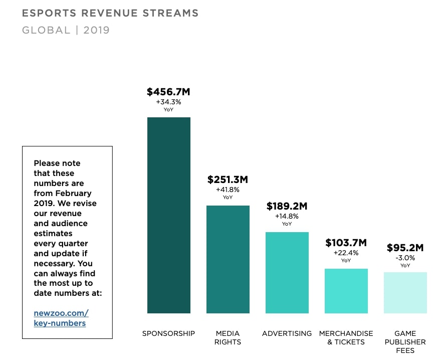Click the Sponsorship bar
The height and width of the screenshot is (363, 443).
tap(168, 215)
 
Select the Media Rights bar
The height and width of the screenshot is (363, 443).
tap(228, 259)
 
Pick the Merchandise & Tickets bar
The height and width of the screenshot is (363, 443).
tap(346, 291)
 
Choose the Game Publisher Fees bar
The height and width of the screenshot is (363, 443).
tap(405, 293)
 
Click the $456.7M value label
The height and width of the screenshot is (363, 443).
tap(168, 92)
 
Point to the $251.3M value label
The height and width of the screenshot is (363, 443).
tap(228, 179)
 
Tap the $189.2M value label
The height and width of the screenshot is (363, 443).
tap(287, 206)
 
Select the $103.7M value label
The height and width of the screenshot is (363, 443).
tap(346, 243)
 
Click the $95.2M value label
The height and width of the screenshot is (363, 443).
tap(405, 248)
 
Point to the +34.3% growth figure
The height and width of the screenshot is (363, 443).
tap(168, 102)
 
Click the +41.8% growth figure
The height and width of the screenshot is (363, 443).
tap(228, 190)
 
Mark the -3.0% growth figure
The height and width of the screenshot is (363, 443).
tap(405, 258)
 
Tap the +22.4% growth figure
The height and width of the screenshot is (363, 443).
tap(346, 253)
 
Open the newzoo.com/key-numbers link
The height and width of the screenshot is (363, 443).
tap(61, 318)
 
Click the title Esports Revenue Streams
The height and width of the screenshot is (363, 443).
tap(110, 13)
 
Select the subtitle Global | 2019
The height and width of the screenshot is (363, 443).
tap(66, 30)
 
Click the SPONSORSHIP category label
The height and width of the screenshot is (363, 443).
tap(168, 333)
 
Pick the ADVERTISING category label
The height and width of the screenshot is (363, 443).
tap(287, 333)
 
